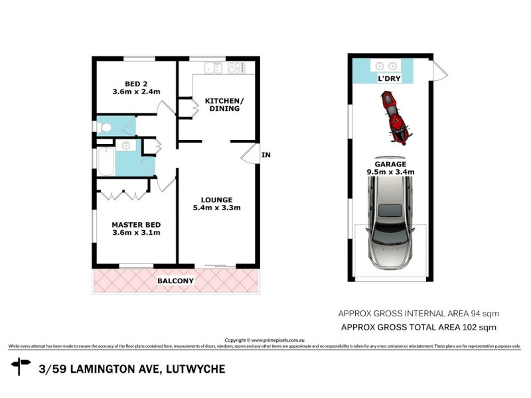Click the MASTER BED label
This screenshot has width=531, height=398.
pos(135,224)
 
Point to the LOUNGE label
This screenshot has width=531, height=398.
pos(217,199)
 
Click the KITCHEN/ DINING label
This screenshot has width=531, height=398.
pos(224,104)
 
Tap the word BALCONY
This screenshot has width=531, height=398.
pos(175,281)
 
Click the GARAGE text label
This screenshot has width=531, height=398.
pos(390,164)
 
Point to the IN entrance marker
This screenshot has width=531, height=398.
pos(266,155)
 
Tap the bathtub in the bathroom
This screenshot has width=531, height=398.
pos(105,162)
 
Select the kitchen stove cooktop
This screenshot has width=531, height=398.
pos(236,67)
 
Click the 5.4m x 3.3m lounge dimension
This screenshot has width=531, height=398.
pos(217,208)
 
